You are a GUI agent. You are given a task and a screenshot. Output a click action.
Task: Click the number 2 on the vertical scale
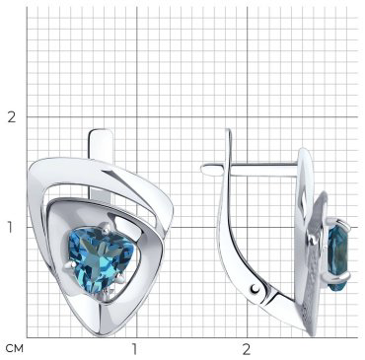tap(12, 117)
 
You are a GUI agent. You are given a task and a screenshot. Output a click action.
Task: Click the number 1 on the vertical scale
tap(11, 227)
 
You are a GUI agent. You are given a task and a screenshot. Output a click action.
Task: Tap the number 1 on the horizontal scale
tap(134, 349)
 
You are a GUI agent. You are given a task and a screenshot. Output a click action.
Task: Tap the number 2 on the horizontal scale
tap(247, 349)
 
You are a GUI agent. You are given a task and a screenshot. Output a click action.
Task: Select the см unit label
tap(15, 348)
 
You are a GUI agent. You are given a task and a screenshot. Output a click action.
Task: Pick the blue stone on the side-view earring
tap(338, 254)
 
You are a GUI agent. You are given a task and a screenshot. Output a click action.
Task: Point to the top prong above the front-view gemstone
tap(106, 228)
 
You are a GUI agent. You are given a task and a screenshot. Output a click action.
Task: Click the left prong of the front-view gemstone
tap(70, 265)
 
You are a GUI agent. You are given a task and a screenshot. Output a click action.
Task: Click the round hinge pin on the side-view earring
tap(255, 289)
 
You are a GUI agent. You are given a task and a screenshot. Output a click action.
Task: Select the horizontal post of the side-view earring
tap(250, 170)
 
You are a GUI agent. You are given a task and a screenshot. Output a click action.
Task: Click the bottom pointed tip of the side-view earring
tap(313, 334)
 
